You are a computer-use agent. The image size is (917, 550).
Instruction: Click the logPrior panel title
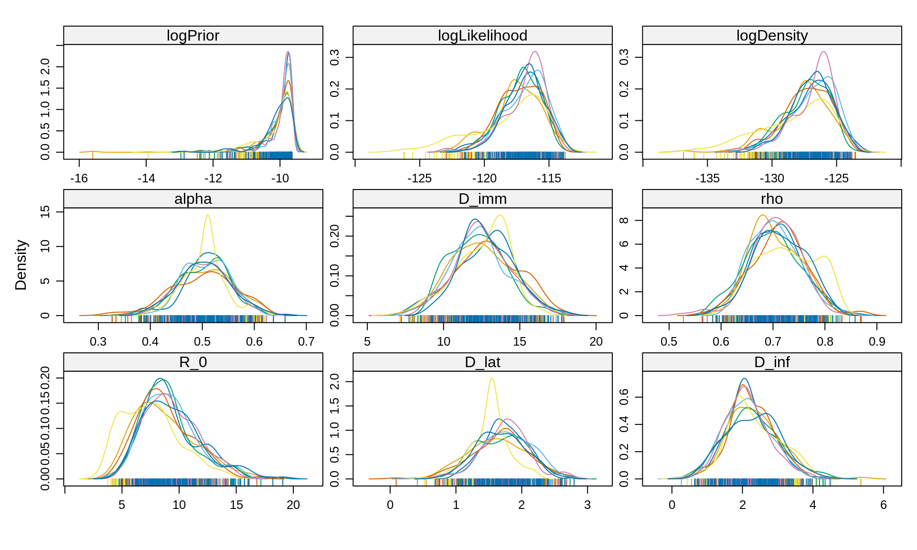(x=193, y=36)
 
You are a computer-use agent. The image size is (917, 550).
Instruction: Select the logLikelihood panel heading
(x=482, y=36)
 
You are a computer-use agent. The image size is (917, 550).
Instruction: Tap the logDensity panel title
(x=772, y=36)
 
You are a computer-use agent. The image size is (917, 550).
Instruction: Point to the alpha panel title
(x=193, y=199)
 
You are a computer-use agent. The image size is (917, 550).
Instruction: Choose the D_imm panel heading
(x=482, y=199)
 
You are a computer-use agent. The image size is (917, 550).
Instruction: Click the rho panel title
(x=772, y=199)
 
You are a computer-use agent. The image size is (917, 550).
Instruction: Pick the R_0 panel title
(x=193, y=362)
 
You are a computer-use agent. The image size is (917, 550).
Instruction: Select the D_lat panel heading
(x=482, y=362)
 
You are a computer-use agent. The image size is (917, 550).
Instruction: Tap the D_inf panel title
(x=772, y=362)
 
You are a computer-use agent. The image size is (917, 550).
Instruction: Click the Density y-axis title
(x=21, y=265)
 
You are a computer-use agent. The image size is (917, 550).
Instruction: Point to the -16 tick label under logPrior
(x=79, y=179)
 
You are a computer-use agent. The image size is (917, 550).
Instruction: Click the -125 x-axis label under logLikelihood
(x=419, y=179)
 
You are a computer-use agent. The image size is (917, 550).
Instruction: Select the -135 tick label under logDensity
(x=707, y=179)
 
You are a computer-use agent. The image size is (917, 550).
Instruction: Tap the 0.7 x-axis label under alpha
(x=306, y=342)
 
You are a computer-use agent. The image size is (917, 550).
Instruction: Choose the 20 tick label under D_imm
(x=596, y=342)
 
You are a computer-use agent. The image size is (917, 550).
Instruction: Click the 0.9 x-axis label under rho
(x=877, y=342)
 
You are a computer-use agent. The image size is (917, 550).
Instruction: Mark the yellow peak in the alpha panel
(x=208, y=215)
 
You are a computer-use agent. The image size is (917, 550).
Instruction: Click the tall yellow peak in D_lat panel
(x=491, y=379)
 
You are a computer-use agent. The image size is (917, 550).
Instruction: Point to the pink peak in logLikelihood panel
(x=535, y=52)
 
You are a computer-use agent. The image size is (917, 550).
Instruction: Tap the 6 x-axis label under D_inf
(x=884, y=505)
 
